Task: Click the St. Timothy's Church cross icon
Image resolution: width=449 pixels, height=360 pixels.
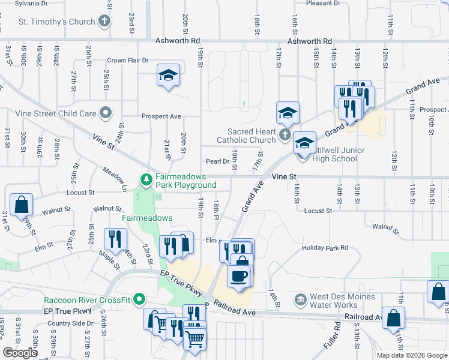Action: click(x=104, y=22)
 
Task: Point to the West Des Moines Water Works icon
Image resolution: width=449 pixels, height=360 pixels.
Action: click(x=300, y=299)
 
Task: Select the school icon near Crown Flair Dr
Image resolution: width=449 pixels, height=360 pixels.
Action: click(x=169, y=76)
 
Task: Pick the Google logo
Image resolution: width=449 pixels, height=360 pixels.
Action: click(x=19, y=353)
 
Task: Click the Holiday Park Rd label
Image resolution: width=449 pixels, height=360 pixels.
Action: click(x=325, y=247)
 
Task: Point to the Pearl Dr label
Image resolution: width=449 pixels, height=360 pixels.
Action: click(x=217, y=161)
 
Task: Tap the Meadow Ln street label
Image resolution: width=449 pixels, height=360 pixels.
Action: click(x=114, y=179)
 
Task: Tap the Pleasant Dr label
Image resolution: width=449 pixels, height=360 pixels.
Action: click(x=323, y=4)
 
